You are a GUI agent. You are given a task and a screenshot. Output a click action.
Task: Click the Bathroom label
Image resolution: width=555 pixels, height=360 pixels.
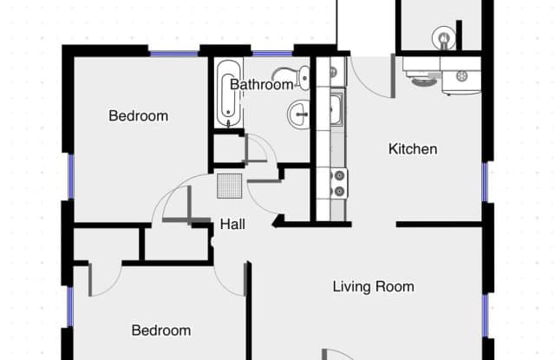[262, 85]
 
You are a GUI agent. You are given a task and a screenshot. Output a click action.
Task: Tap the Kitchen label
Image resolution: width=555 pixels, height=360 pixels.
[412, 149]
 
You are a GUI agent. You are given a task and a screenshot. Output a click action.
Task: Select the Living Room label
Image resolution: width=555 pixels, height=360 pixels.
[373, 286]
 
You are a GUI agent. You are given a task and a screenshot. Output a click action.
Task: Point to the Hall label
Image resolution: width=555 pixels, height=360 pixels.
[232, 225]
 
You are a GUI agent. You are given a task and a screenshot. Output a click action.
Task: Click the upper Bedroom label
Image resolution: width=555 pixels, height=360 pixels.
[138, 116]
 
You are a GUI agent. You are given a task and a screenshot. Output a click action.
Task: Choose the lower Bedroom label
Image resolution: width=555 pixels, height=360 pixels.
[160, 331]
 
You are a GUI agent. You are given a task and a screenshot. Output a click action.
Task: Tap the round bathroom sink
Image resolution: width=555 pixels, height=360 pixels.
[300, 114]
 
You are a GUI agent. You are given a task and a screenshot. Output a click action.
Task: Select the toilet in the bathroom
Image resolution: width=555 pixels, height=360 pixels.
[299, 78]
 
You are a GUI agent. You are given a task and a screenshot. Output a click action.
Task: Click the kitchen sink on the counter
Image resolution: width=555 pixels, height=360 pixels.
[336, 110]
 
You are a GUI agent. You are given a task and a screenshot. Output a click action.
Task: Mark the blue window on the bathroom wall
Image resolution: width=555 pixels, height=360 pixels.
[271, 54]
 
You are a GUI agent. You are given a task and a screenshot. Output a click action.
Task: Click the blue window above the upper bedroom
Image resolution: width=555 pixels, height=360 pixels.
[173, 54]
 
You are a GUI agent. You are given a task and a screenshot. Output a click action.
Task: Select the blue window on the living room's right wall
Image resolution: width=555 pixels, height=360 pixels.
[487, 317]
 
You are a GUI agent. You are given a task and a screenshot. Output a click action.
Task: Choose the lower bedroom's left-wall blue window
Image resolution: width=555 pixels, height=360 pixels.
[68, 307]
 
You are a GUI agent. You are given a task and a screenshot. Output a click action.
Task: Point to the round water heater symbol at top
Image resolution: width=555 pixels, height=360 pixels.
[444, 37]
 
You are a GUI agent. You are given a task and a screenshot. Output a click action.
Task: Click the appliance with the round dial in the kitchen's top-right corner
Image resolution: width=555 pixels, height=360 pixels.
[461, 77]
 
